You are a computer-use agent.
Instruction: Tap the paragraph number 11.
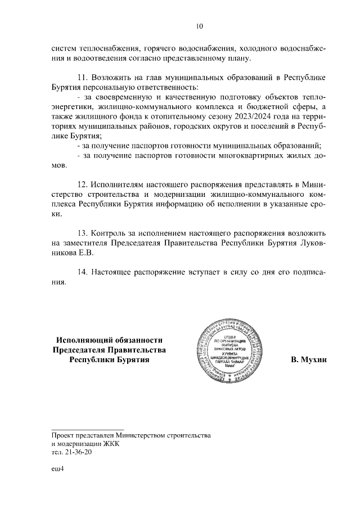(x=82, y=78)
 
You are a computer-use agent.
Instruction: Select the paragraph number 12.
(x=82, y=184)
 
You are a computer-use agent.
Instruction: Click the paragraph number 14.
(x=82, y=272)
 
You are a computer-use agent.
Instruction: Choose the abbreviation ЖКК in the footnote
(x=110, y=443)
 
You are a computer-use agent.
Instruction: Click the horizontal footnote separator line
(x=87, y=430)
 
